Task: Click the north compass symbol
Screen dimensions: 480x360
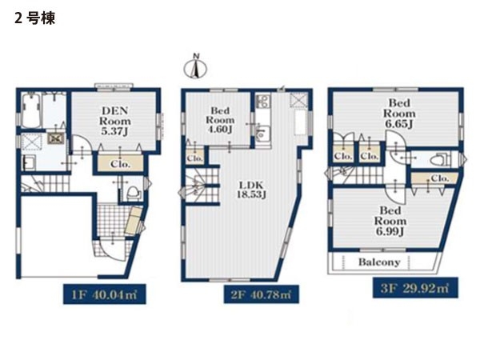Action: coord(195,67)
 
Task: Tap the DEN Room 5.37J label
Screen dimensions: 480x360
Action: coord(114,121)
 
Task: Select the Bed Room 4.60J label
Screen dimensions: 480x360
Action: coord(221,120)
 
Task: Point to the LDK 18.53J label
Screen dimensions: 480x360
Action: coord(250,190)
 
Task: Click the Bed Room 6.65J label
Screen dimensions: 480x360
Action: coord(399,114)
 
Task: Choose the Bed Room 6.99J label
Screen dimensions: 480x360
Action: coord(390,221)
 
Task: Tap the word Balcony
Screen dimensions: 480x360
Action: coord(379,262)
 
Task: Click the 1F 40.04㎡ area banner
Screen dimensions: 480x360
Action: coord(104,294)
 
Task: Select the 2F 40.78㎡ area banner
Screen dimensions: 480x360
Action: coord(261,294)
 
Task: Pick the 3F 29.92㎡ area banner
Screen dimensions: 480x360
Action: coord(415,288)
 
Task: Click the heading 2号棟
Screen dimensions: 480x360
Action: coord(34,18)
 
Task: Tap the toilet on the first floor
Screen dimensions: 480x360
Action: coord(134,194)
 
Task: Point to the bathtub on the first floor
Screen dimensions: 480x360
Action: coord(31,110)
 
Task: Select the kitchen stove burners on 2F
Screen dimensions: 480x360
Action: coord(262,101)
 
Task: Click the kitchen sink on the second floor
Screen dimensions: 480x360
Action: coord(262,133)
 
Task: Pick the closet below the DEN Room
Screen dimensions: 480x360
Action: coord(120,164)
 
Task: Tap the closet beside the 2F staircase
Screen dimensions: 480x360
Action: coord(195,157)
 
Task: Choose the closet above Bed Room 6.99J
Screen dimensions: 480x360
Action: coord(434,178)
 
